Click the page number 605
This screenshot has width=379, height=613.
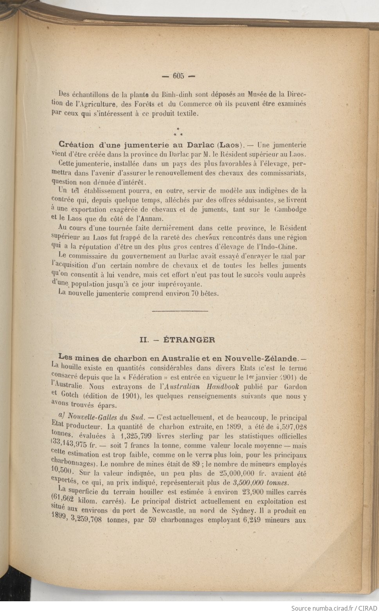[x=178, y=76]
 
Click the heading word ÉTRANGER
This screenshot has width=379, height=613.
[x=189, y=340]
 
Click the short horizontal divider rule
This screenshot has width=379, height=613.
[x=180, y=311]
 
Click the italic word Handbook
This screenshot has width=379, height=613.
[x=223, y=387]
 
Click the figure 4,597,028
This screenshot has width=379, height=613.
[x=291, y=427]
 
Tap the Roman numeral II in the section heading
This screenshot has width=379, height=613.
[x=144, y=340]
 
